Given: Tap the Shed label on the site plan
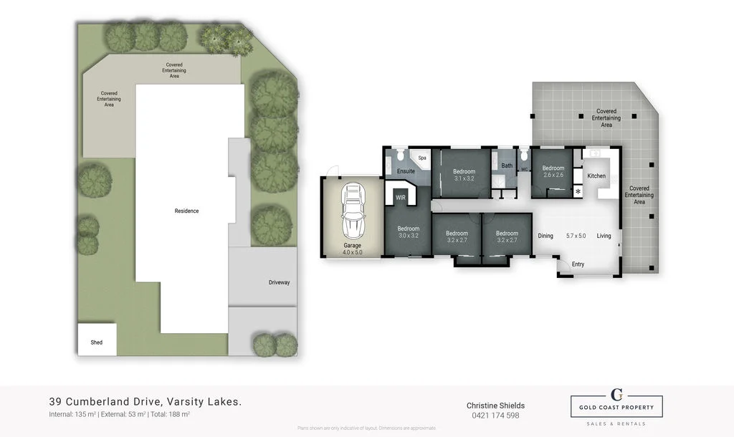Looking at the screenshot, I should [97, 342].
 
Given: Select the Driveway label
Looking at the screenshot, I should [279, 282].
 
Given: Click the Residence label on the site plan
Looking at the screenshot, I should [186, 211].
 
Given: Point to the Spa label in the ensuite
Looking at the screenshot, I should [422, 158].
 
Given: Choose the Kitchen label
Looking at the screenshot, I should [596, 176].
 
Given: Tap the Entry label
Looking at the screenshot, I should [578, 264].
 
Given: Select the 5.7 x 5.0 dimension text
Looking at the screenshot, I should [576, 236].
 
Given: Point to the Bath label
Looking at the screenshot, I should [507, 165].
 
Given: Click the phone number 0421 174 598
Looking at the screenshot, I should [495, 416].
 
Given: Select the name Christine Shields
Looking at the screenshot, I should [495, 405].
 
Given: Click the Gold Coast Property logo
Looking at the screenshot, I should [616, 407].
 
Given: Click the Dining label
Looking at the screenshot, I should [545, 236].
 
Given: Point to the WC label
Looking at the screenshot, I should [524, 170].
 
